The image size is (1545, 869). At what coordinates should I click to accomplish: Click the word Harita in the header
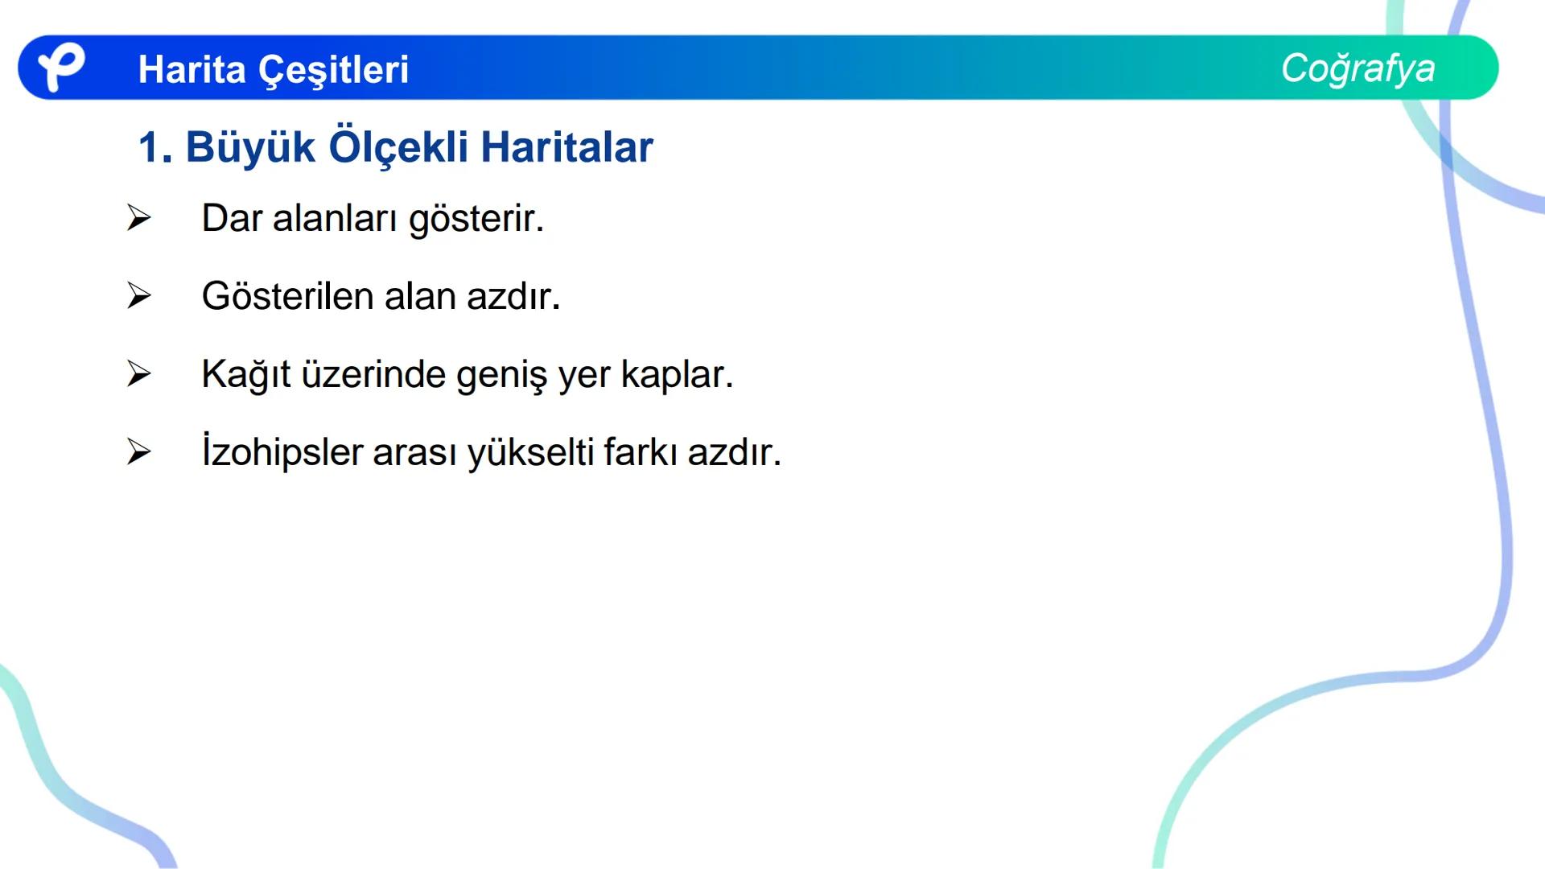(192, 69)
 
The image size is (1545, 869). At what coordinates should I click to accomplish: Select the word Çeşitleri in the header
(333, 71)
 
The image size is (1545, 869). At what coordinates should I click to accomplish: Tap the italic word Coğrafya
(1358, 68)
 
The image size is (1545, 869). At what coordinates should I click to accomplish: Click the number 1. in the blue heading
(155, 148)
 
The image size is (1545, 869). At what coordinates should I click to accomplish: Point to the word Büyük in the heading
(250, 147)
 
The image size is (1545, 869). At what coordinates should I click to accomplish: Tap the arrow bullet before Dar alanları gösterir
(138, 218)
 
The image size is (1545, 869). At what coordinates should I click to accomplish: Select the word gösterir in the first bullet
(476, 219)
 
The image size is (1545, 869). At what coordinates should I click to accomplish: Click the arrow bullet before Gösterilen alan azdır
(138, 296)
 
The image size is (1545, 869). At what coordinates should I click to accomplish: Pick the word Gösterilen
(287, 296)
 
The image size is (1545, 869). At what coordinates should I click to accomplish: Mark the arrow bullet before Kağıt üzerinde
(138, 374)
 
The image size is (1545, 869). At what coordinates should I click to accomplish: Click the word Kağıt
(245, 375)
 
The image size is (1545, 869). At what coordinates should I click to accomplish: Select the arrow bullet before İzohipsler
(138, 452)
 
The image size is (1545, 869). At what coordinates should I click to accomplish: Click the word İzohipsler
(282, 452)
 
